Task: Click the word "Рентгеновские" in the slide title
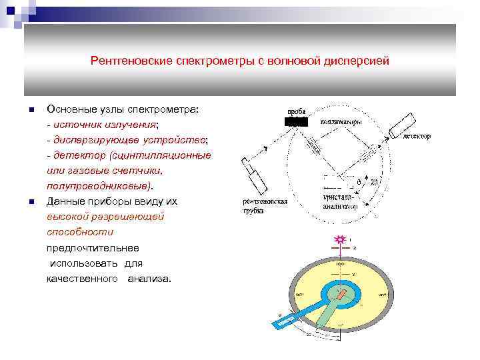pyautogui.click(x=124, y=61)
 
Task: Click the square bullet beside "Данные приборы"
pyautogui.click(x=31, y=201)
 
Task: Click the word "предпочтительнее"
pyautogui.click(x=93, y=247)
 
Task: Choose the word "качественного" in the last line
pyautogui.click(x=82, y=278)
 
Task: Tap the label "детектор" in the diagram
pyautogui.click(x=416, y=137)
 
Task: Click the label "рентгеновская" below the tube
pyautogui.click(x=265, y=201)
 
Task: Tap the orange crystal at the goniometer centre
pyautogui.click(x=342, y=293)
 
